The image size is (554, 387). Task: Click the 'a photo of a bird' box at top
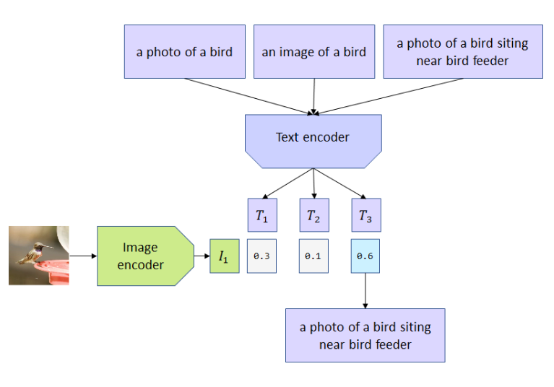tap(184, 51)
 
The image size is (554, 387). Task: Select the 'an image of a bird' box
tap(313, 51)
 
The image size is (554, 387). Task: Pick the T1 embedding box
tap(261, 215)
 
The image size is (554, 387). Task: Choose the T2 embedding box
tap(313, 215)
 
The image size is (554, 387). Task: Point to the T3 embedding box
tap(365, 215)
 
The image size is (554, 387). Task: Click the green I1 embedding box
tap(224, 256)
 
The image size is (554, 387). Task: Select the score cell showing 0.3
tap(261, 256)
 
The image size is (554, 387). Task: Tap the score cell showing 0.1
tap(313, 256)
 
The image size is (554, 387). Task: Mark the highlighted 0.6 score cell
tap(365, 256)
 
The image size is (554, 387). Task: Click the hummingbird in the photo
tap(33, 252)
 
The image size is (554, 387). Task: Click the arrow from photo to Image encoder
tap(82, 256)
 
